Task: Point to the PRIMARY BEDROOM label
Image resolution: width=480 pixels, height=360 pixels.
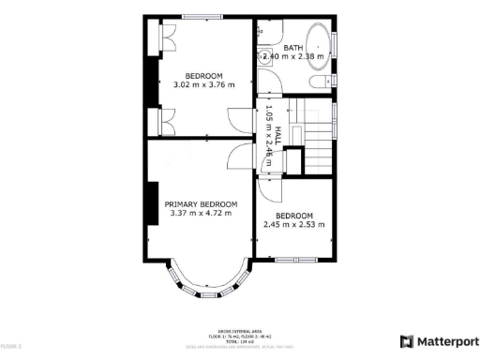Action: [x=201, y=203]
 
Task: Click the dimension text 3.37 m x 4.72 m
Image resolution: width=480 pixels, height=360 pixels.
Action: [x=201, y=213]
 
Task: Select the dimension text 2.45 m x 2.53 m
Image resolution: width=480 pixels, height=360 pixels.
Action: [x=293, y=224]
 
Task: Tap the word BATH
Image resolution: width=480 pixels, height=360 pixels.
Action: [x=293, y=47]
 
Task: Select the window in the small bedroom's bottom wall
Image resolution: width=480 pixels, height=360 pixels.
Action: [x=293, y=259]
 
